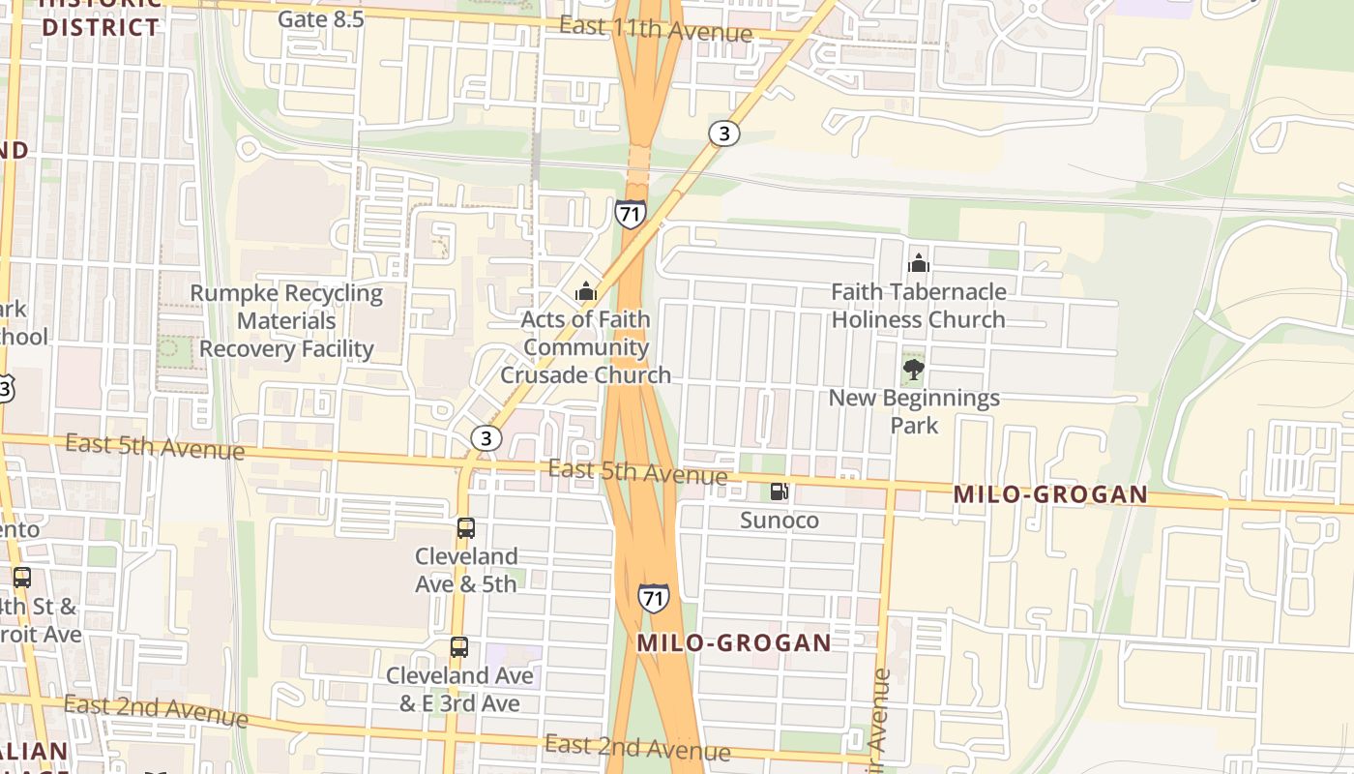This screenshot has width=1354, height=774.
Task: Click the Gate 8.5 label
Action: [320, 18]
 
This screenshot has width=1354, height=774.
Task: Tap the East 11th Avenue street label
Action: [655, 29]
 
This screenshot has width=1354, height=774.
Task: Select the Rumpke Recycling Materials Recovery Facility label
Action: [286, 321]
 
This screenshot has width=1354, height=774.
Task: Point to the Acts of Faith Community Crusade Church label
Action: [585, 346]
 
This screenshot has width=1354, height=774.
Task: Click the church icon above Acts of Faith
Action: [585, 291]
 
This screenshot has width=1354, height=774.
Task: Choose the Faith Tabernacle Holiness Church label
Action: [918, 306]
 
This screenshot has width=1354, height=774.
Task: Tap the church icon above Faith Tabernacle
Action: [918, 263]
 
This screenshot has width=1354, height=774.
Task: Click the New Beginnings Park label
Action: [914, 411]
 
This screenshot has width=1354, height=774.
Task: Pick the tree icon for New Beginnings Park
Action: [913, 369]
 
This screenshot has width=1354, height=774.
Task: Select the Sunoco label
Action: [779, 521]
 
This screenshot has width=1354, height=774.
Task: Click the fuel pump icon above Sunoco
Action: [779, 491]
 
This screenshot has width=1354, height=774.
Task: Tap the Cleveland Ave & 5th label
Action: [466, 570]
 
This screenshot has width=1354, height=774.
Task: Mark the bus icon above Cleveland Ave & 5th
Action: [466, 528]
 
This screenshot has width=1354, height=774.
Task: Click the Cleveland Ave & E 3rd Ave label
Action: [459, 689]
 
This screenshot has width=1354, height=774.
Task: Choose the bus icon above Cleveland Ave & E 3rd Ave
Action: [459, 647]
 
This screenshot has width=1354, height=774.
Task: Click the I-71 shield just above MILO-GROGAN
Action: [653, 597]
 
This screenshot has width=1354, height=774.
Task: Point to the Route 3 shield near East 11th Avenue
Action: [723, 134]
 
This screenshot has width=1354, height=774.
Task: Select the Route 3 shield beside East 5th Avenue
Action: [486, 438]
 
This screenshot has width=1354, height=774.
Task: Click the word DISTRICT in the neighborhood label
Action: [101, 26]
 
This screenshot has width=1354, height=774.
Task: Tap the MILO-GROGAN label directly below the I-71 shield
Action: [734, 643]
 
